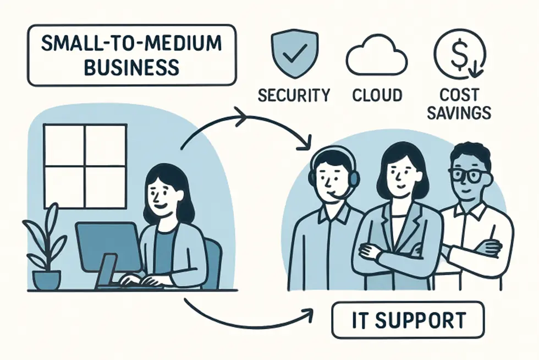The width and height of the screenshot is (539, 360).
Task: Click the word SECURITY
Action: (x=294, y=95)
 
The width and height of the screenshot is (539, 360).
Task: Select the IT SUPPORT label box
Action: (x=408, y=319)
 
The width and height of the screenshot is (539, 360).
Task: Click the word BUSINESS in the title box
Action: (x=132, y=67)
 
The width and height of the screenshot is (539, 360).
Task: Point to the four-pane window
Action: (x=85, y=165)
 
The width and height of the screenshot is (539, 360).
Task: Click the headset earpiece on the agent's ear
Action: (x=354, y=177)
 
